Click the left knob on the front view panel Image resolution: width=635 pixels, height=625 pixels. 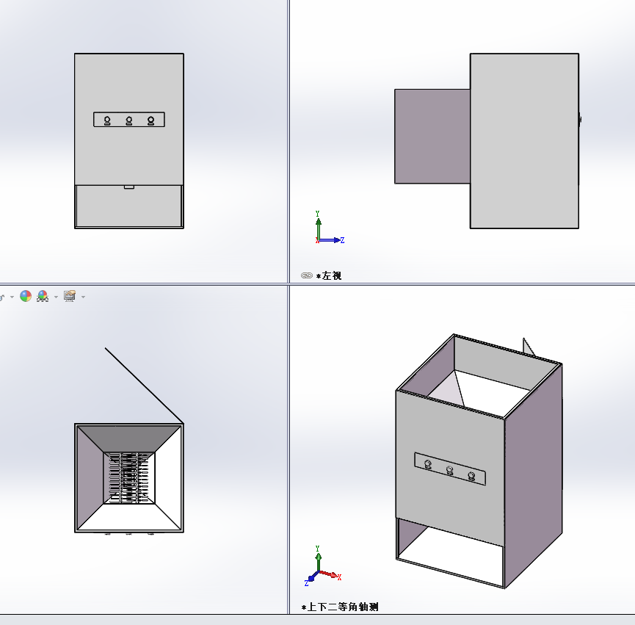click(x=107, y=120)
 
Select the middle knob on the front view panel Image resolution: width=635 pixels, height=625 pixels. click(x=129, y=120)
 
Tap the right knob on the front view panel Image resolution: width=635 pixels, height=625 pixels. click(x=151, y=120)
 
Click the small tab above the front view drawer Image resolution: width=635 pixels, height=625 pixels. click(x=129, y=187)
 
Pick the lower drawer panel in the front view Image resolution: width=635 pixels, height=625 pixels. click(x=129, y=206)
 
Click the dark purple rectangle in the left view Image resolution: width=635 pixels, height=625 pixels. click(x=432, y=137)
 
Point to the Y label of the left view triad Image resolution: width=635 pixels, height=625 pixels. click(x=317, y=214)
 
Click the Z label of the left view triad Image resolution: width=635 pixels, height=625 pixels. click(x=342, y=240)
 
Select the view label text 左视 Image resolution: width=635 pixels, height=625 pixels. click(x=332, y=276)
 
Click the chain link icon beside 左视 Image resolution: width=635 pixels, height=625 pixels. click(x=307, y=275)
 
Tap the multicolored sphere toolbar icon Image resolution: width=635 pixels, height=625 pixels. click(x=26, y=296)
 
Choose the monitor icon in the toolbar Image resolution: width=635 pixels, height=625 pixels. click(x=70, y=296)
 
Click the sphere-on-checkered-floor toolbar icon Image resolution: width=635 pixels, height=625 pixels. click(x=43, y=296)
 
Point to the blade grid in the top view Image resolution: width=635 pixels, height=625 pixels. click(x=129, y=478)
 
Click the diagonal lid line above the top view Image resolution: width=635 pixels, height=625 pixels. click(x=144, y=385)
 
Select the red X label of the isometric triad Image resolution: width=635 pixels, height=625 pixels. click(x=339, y=577)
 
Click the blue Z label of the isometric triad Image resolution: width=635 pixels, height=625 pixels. click(x=307, y=583)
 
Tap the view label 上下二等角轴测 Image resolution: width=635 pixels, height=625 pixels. click(x=343, y=607)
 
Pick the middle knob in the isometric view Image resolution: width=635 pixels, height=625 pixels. click(x=449, y=470)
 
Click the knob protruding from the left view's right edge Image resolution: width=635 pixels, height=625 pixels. click(x=580, y=120)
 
